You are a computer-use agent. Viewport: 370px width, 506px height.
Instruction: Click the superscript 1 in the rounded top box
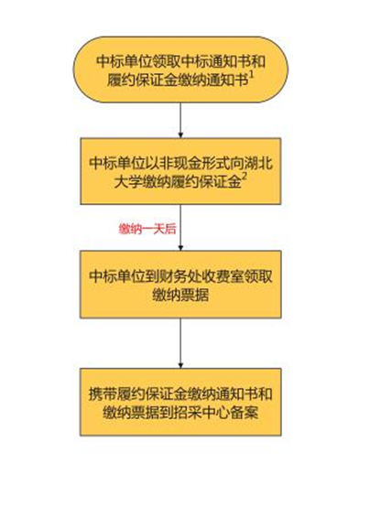tap(252, 76)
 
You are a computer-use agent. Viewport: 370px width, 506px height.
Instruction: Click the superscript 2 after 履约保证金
tap(245, 179)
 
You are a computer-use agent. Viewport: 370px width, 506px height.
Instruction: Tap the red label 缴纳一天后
tap(147, 229)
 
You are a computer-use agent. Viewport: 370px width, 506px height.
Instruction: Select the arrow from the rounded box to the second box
tap(180, 120)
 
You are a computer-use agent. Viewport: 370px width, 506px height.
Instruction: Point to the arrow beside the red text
tap(180, 227)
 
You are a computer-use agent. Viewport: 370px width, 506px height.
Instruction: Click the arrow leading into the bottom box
tap(180, 343)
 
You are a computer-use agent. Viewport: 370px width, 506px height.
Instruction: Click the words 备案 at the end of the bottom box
tap(245, 413)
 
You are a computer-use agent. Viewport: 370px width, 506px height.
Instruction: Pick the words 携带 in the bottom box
tap(103, 393)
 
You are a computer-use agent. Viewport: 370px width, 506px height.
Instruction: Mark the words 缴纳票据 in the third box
tap(180, 296)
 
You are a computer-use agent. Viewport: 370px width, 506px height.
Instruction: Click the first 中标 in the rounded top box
tap(110, 61)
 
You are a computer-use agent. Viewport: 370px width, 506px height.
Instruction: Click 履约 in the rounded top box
tap(121, 80)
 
